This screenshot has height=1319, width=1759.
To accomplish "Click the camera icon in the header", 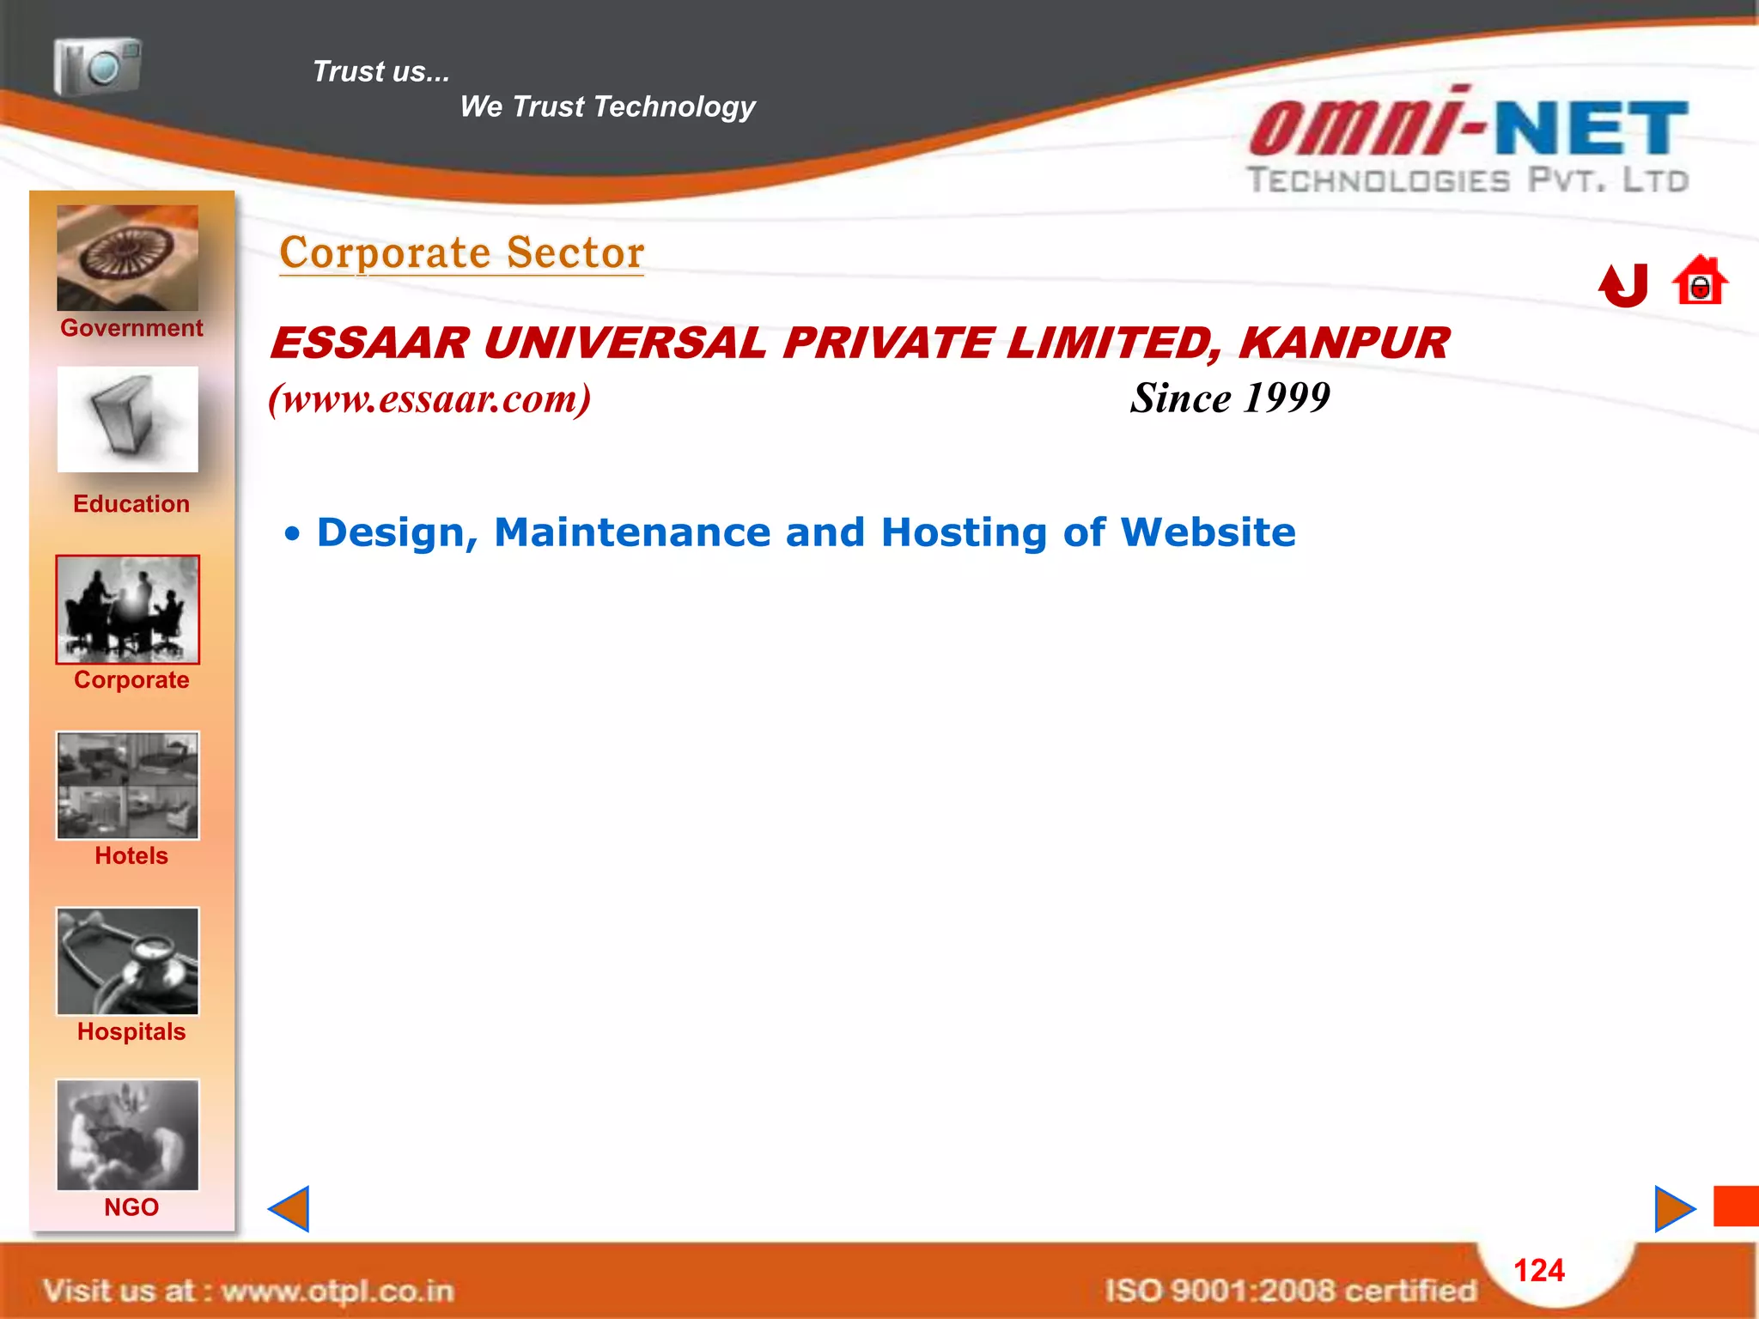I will coord(97,66).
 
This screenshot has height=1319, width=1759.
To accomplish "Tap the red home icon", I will coord(1699,281).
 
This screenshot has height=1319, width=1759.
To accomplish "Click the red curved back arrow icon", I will coord(1623,284).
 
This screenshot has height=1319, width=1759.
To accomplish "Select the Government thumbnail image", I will coord(127,258).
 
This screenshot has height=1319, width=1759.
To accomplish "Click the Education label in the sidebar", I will coord(131,504).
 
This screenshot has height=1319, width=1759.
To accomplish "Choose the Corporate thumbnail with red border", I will coord(127,610).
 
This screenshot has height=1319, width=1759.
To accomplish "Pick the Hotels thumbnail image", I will coord(127,785).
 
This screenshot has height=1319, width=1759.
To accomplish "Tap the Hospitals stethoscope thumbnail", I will coord(127,961).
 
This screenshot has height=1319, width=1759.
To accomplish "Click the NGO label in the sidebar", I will coord(131,1207).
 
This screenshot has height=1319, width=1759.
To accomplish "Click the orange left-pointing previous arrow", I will coord(289,1209).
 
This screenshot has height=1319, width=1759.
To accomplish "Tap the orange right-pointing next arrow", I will coord(1674,1209).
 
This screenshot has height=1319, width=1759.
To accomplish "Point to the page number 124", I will coord(1538,1270).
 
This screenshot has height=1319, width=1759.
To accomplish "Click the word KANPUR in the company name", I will coord(1344,343).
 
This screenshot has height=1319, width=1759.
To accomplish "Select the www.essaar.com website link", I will coord(429,398).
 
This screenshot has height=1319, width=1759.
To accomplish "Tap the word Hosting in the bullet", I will coord(965,532).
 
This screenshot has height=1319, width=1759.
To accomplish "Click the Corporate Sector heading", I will coord(462,253).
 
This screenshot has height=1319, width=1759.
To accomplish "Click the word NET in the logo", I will coord(1592,130).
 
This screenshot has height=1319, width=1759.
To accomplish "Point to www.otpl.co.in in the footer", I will coord(338,1291).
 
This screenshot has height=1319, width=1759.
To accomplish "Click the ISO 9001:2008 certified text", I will coord(1290,1290).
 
